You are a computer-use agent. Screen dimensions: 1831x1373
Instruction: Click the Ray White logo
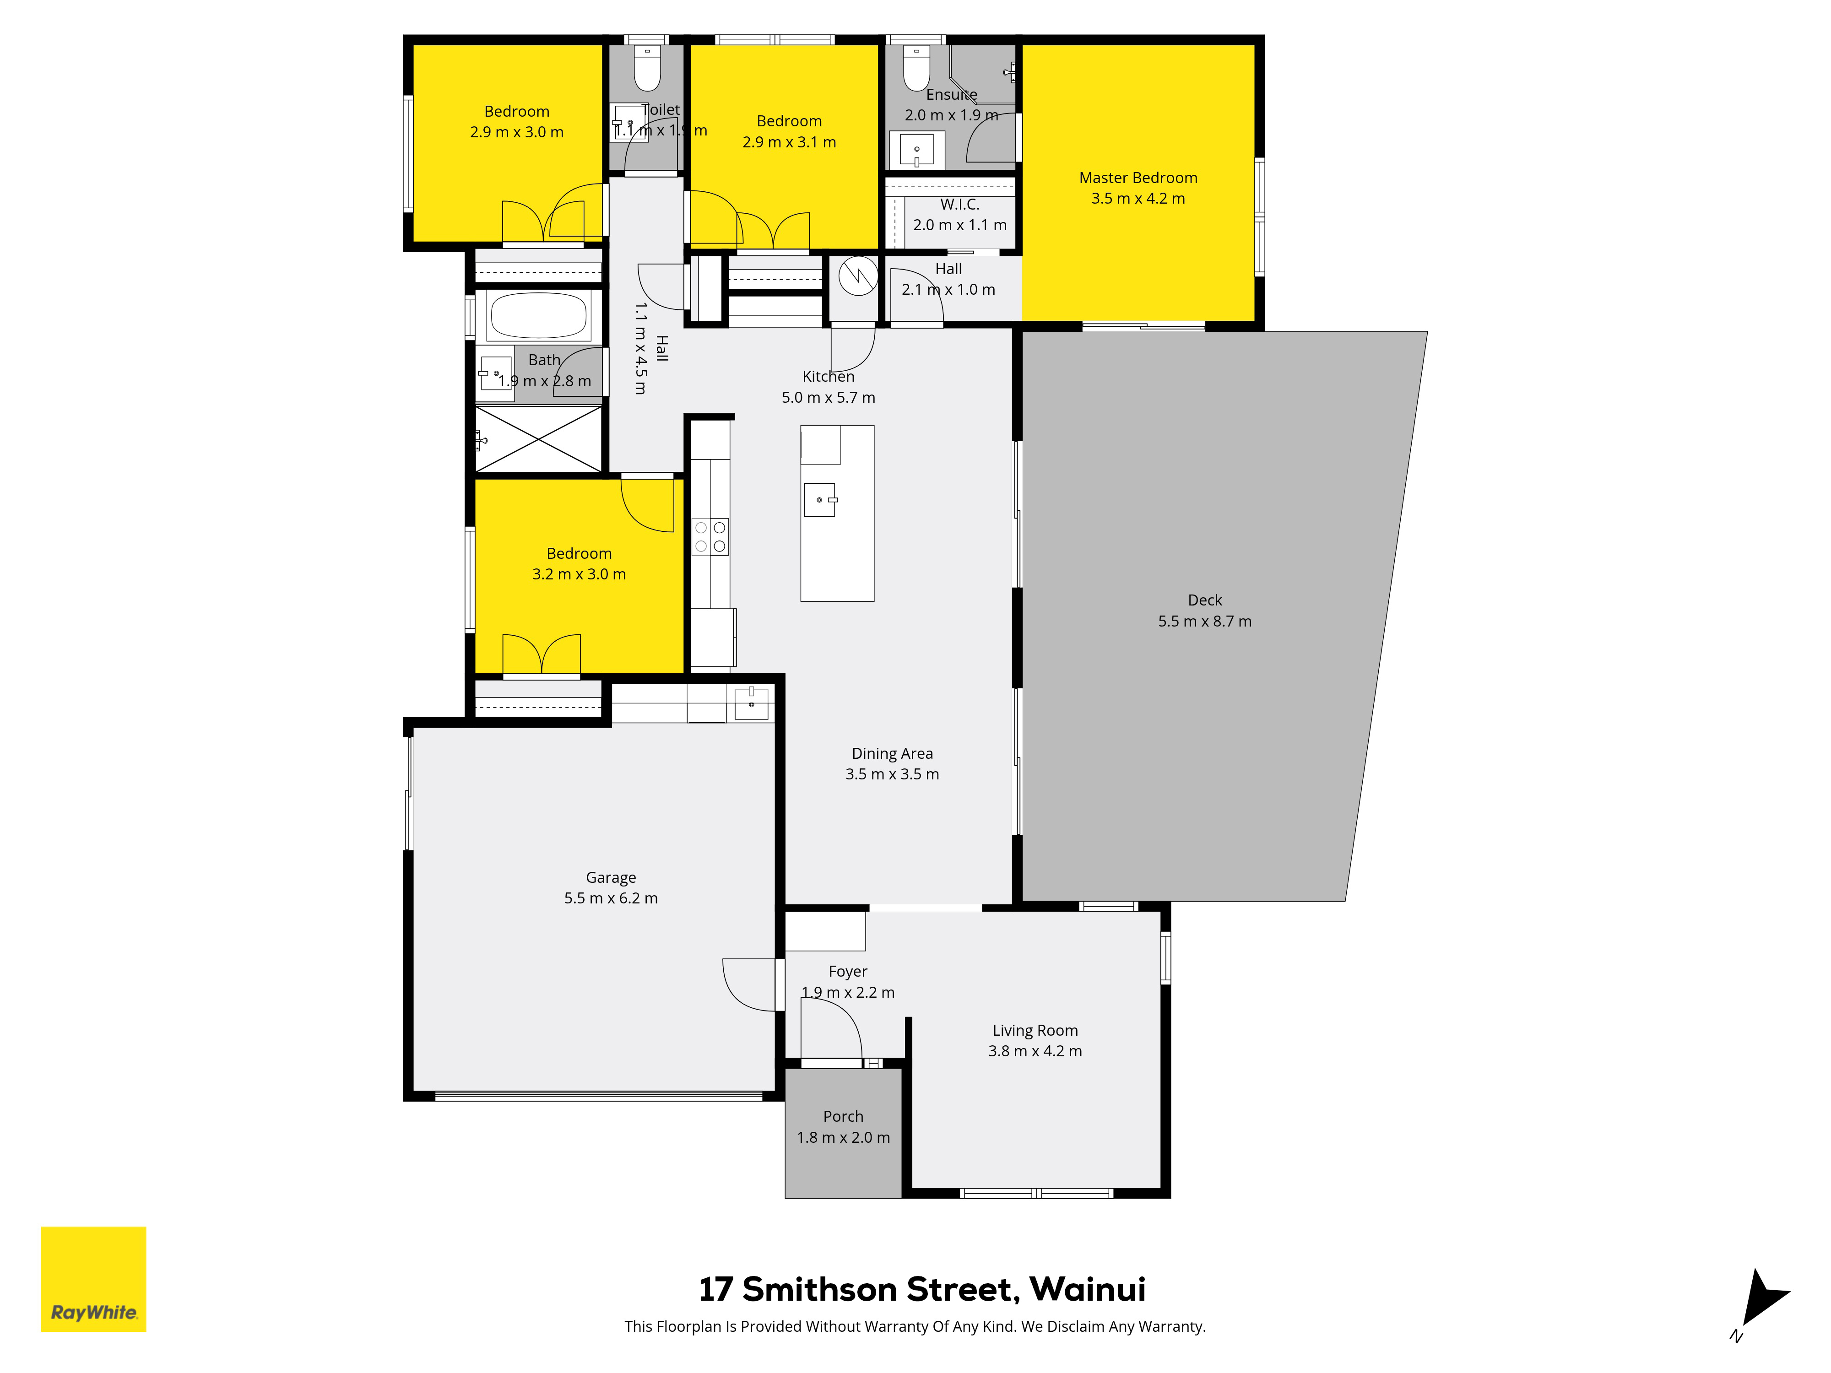[93, 1279]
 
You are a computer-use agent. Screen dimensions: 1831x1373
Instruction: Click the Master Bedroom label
[1138, 178]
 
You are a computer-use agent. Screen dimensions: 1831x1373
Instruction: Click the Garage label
[611, 877]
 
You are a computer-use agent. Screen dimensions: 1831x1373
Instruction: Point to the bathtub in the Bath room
[539, 315]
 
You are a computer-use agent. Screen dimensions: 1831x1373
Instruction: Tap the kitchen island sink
[819, 500]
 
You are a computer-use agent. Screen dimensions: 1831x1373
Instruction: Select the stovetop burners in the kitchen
[710, 536]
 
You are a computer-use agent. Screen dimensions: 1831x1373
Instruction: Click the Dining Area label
[892, 753]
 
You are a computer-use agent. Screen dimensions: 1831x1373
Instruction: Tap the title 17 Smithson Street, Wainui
[922, 1289]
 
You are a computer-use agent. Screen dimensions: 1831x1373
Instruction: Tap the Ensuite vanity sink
[916, 150]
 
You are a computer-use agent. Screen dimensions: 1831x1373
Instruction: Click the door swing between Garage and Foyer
[749, 985]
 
